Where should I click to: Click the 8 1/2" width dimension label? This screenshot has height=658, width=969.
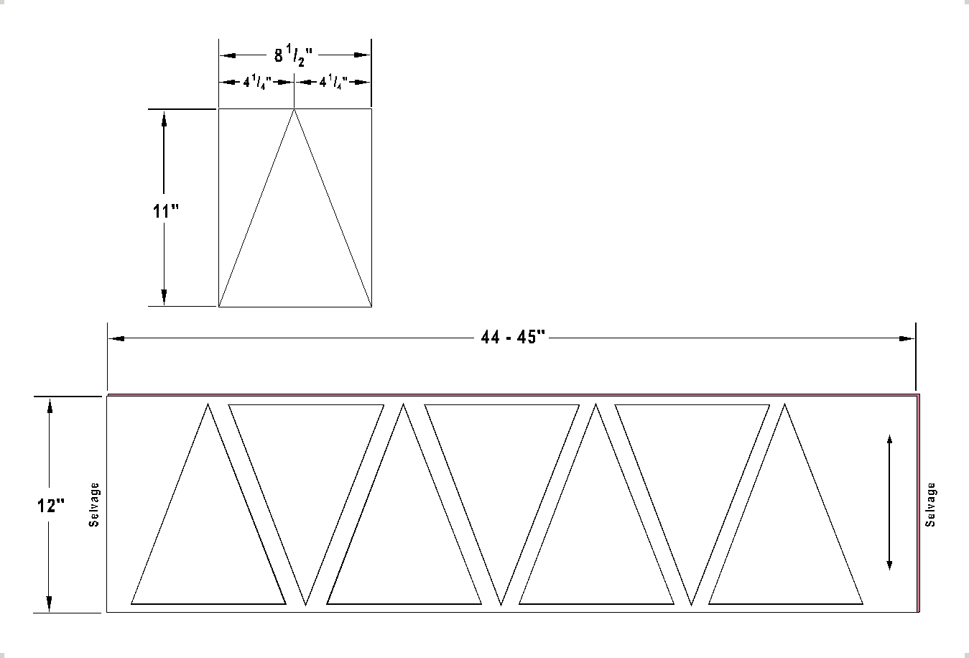tap(294, 56)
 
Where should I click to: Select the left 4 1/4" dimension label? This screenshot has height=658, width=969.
tap(256, 83)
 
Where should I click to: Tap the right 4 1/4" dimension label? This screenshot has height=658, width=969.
tap(333, 83)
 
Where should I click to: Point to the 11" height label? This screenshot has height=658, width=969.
tap(164, 211)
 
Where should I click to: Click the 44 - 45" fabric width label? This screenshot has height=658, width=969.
tap(514, 338)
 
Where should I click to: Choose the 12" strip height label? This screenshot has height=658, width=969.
tap(50, 506)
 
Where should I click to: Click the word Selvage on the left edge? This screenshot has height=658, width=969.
tap(94, 505)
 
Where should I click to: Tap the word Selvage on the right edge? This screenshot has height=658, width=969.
tap(930, 504)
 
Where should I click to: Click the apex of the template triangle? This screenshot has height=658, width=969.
tap(294, 109)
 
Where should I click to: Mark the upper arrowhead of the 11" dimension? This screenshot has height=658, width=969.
tap(164, 119)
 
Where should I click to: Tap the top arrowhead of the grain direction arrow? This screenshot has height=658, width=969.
tap(889, 441)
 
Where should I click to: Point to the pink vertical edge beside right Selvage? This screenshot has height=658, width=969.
tap(919, 503)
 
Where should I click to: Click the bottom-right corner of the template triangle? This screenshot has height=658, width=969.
tap(371, 306)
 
